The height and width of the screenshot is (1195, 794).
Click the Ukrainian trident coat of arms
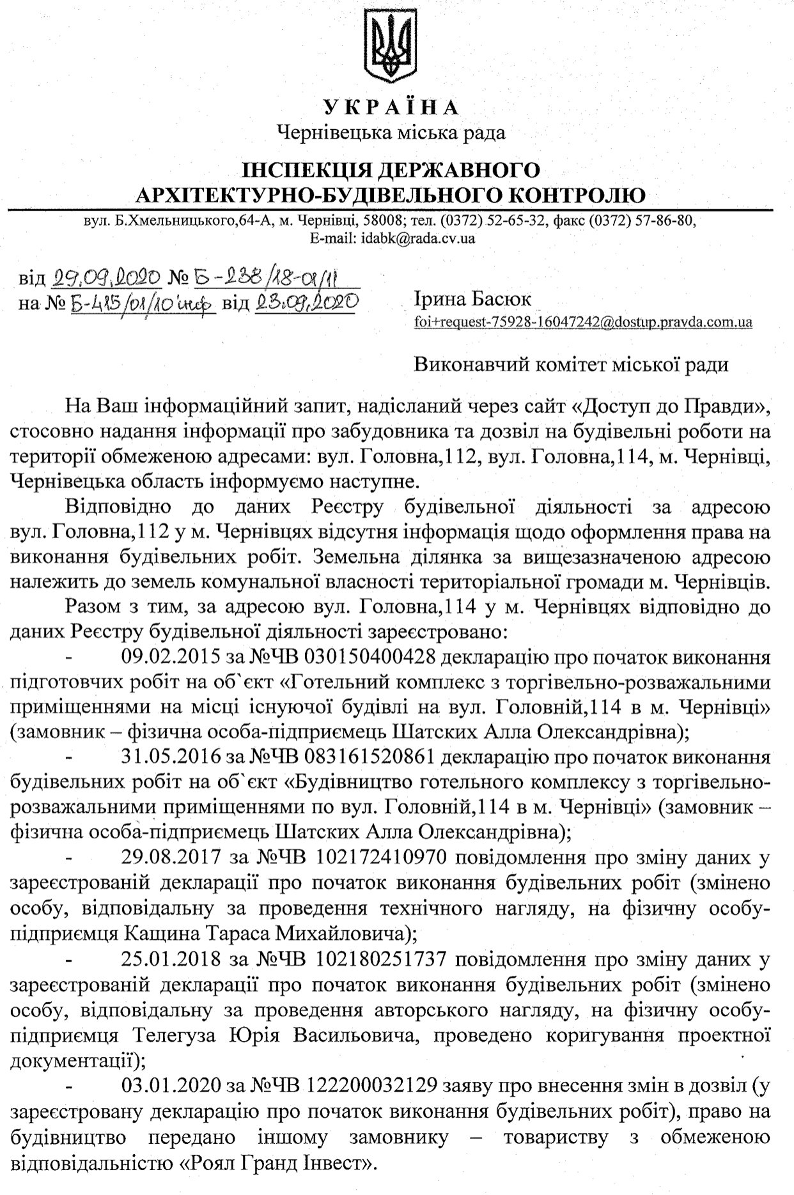397,48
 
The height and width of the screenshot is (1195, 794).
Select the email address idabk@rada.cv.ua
417,239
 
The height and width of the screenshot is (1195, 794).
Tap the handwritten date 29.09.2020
107,277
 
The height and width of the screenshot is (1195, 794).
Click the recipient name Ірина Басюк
472,299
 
